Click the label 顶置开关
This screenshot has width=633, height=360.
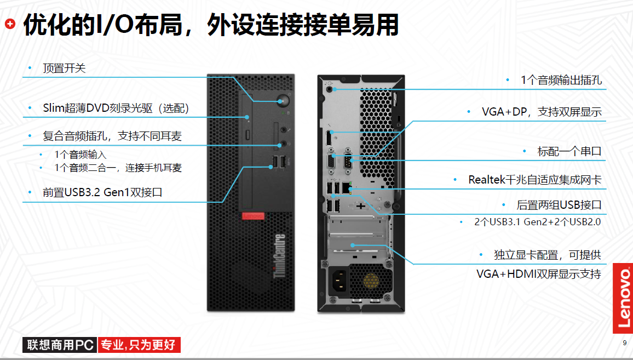point(65,68)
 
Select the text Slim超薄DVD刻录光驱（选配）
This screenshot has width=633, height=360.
point(116,108)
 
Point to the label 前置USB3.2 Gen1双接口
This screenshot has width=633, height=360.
point(102,192)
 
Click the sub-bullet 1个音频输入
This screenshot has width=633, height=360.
point(80,155)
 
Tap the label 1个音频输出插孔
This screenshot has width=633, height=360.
point(561,80)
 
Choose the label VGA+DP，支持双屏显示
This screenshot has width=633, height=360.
point(541,112)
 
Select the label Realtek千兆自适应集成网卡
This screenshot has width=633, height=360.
point(534,180)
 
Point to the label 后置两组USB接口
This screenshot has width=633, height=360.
point(559,205)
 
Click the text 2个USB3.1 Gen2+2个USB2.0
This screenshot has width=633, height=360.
point(537,222)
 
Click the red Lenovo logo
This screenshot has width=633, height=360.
point(623,298)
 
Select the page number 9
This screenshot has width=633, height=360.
point(625,343)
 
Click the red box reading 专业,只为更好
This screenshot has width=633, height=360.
point(139,345)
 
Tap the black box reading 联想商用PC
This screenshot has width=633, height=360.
point(59,345)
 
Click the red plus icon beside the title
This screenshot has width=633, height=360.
point(10,24)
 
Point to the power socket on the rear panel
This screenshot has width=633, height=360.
point(338,281)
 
